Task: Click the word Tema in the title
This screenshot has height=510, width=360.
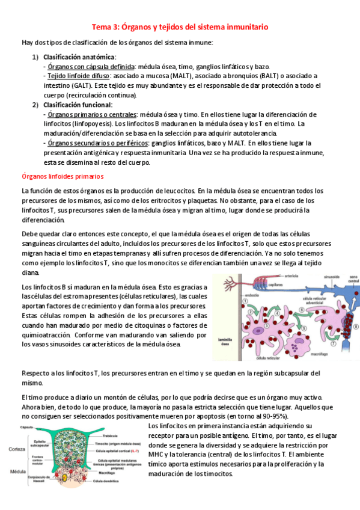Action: [101, 27]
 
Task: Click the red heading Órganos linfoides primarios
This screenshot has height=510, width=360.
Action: [63, 176]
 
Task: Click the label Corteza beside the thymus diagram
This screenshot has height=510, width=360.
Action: [16, 449]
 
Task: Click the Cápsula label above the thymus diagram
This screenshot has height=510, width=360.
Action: [27, 426]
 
